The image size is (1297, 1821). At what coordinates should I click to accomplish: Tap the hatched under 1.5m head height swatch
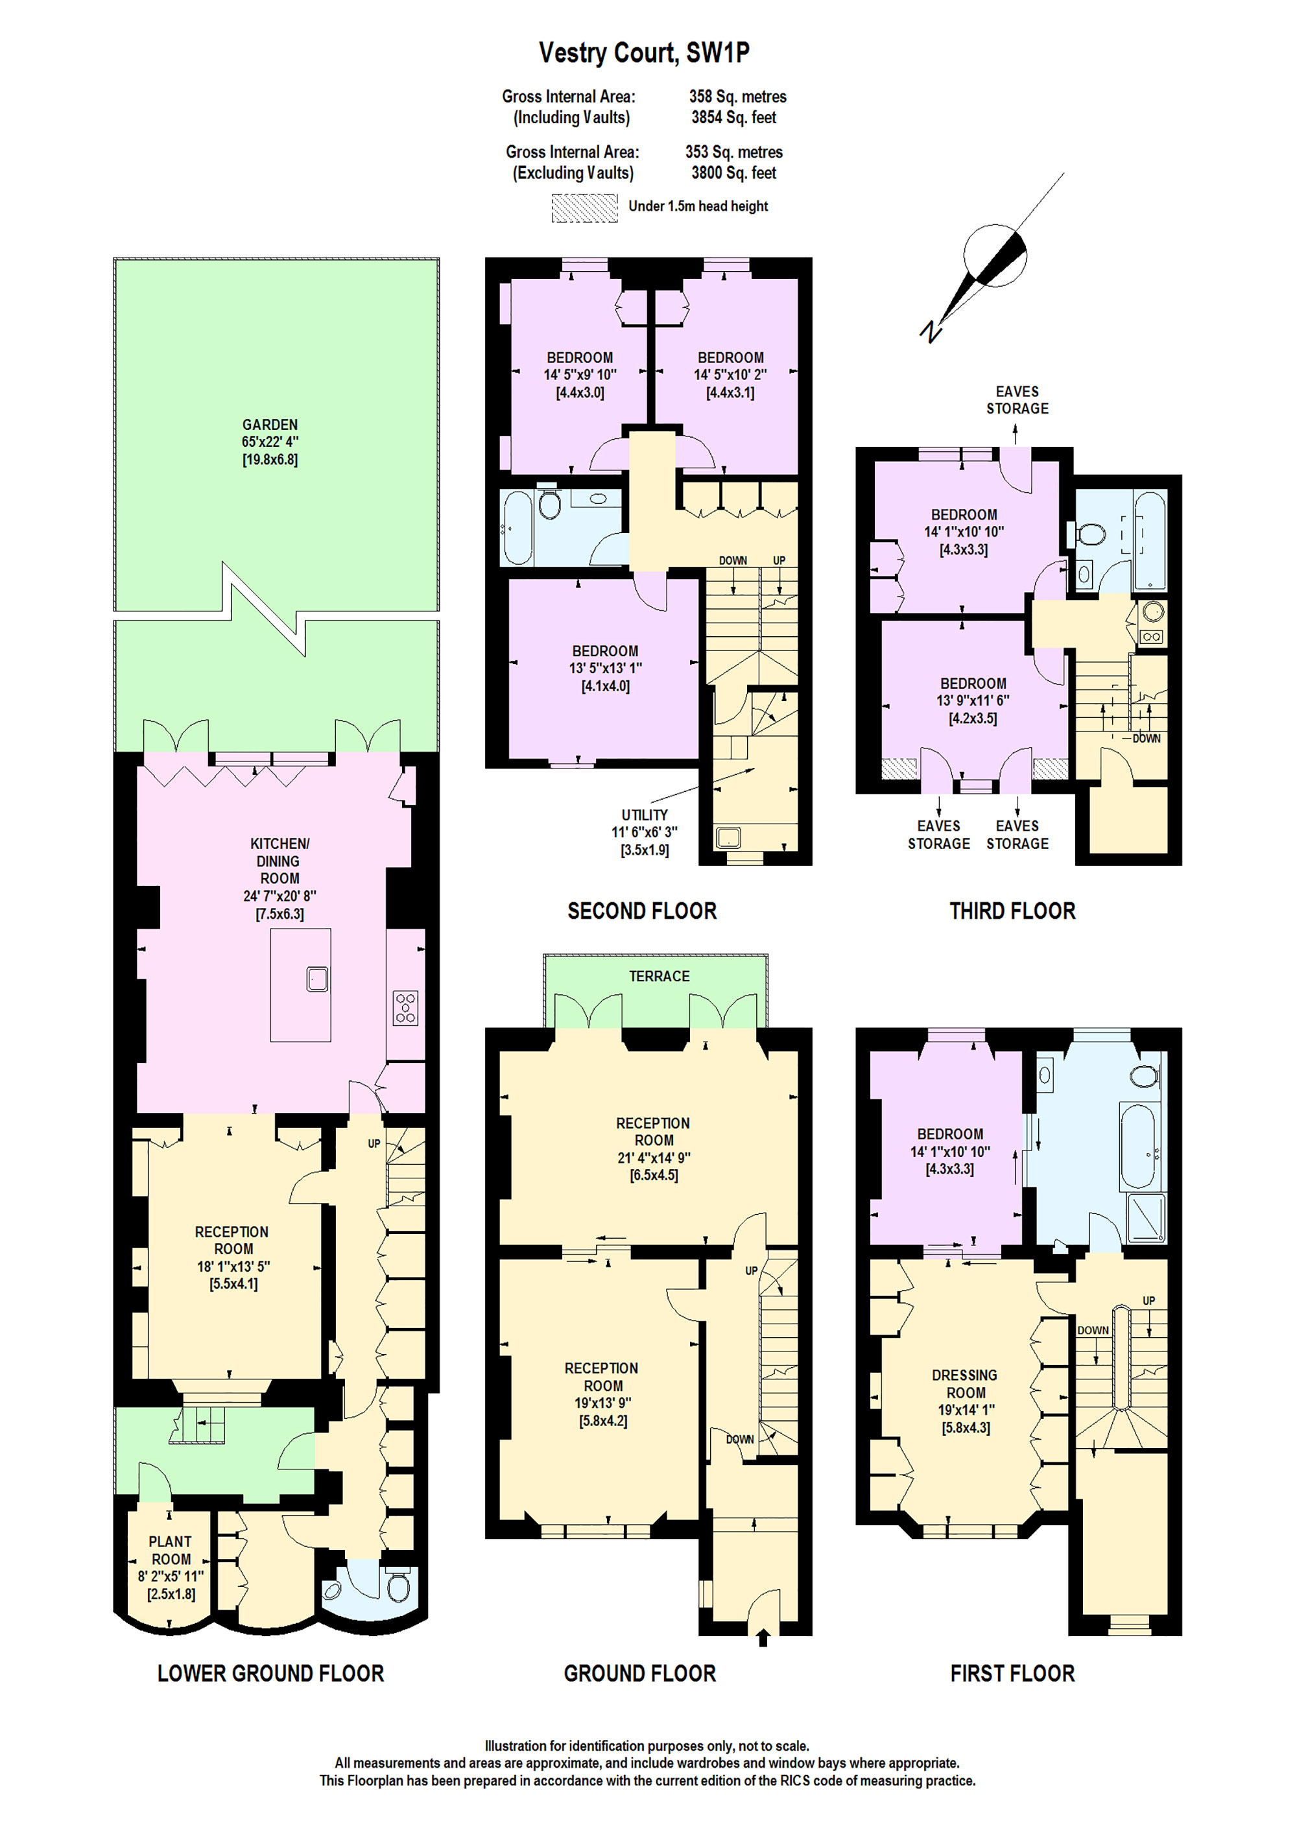point(584,208)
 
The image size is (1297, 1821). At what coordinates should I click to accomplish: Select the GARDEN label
point(270,425)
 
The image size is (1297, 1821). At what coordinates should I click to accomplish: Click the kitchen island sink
point(318,979)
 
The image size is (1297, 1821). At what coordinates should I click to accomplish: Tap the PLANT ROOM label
point(170,1549)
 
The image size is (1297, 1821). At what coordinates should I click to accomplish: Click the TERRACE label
point(659,976)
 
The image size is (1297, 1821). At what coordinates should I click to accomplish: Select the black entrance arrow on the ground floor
point(763,1638)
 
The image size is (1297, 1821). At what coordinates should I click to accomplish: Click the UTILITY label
point(645,815)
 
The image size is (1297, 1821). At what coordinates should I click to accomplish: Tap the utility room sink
point(728,838)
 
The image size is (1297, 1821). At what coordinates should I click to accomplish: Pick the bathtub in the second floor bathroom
point(516,527)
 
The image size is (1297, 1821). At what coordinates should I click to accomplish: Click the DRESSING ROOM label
point(965,1383)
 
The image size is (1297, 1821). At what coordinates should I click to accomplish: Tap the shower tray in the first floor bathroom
point(1145,1217)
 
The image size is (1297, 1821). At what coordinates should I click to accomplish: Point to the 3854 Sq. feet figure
point(734,117)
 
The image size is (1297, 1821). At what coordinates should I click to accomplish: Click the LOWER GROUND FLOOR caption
point(270,1673)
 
